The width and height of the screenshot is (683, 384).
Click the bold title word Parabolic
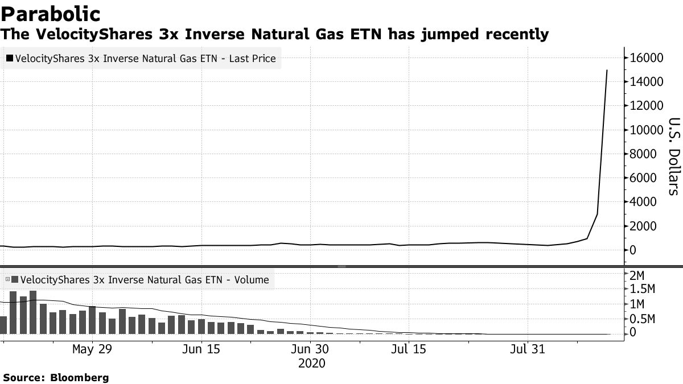coord(51,14)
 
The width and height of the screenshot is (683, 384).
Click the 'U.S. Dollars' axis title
coord(673,156)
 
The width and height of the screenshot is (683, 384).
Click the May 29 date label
coord(91,349)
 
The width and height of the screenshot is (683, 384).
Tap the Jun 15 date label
coord(201,349)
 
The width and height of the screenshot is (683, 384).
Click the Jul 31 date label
coord(527,349)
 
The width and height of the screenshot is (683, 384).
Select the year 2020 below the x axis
coord(311,364)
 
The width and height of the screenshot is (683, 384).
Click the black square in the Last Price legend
coord(10,59)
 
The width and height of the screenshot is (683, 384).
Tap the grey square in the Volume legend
coord(14,280)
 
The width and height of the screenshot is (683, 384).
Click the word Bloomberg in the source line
coord(80,378)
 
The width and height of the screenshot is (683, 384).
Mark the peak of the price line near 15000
coord(607,70)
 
